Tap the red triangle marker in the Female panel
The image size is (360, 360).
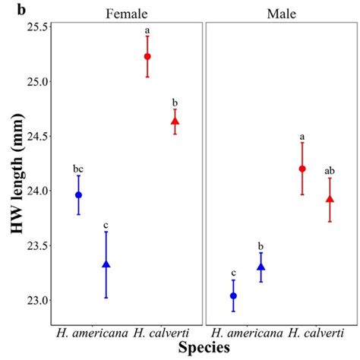(175, 121)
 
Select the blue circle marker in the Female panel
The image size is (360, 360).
(79, 195)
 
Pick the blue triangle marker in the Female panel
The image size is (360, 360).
(106, 264)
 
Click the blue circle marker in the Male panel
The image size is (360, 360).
(233, 295)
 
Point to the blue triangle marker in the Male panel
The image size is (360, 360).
(261, 267)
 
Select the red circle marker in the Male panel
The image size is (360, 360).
(302, 169)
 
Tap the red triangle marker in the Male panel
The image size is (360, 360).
(330, 199)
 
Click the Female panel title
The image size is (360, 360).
(126, 13)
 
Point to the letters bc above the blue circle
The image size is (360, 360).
(78, 169)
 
